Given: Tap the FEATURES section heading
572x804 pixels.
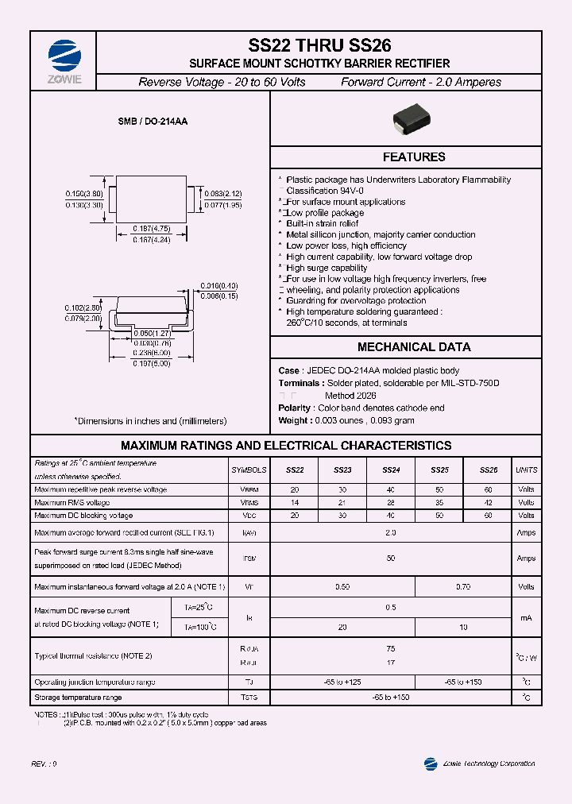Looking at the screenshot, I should coord(414,157).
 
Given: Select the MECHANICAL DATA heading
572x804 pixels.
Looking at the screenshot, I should coord(414,347).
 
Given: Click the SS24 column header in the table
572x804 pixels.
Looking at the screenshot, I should coord(391,470).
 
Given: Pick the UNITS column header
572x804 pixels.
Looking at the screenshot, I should coord(526,470).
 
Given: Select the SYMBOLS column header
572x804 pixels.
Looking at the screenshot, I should coord(249,470).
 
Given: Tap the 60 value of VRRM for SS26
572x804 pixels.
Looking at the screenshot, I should coord(488,489).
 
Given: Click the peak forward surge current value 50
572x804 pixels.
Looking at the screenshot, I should coord(391,559).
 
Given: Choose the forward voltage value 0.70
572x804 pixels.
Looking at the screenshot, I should coord(463,587).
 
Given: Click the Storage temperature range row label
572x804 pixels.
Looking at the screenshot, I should coord(78,697).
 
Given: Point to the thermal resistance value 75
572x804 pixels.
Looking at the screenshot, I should coord(391,649).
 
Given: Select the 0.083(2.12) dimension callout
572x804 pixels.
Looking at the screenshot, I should coord(222,193).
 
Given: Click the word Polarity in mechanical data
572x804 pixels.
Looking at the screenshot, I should coord(294,408).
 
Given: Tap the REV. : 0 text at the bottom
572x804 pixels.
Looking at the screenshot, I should coord(44,763).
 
